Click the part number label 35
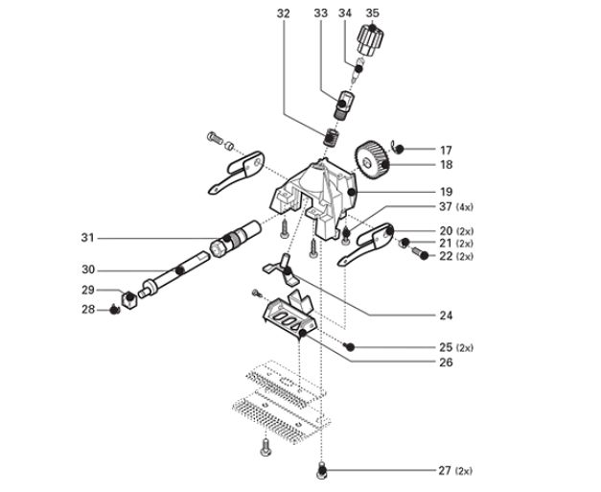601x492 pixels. pos(374,12)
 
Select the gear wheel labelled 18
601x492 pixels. pos(373,159)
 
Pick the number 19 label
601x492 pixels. pos(445,192)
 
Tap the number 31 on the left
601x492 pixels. pos(88,237)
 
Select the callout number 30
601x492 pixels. pos(88,269)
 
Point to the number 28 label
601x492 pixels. pos(88,309)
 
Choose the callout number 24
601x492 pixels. pos(445,315)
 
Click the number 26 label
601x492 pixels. pos(445,363)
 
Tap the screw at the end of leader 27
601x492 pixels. pos(322,470)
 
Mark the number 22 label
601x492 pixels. pos(445,256)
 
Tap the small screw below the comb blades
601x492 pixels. pos(265,447)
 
